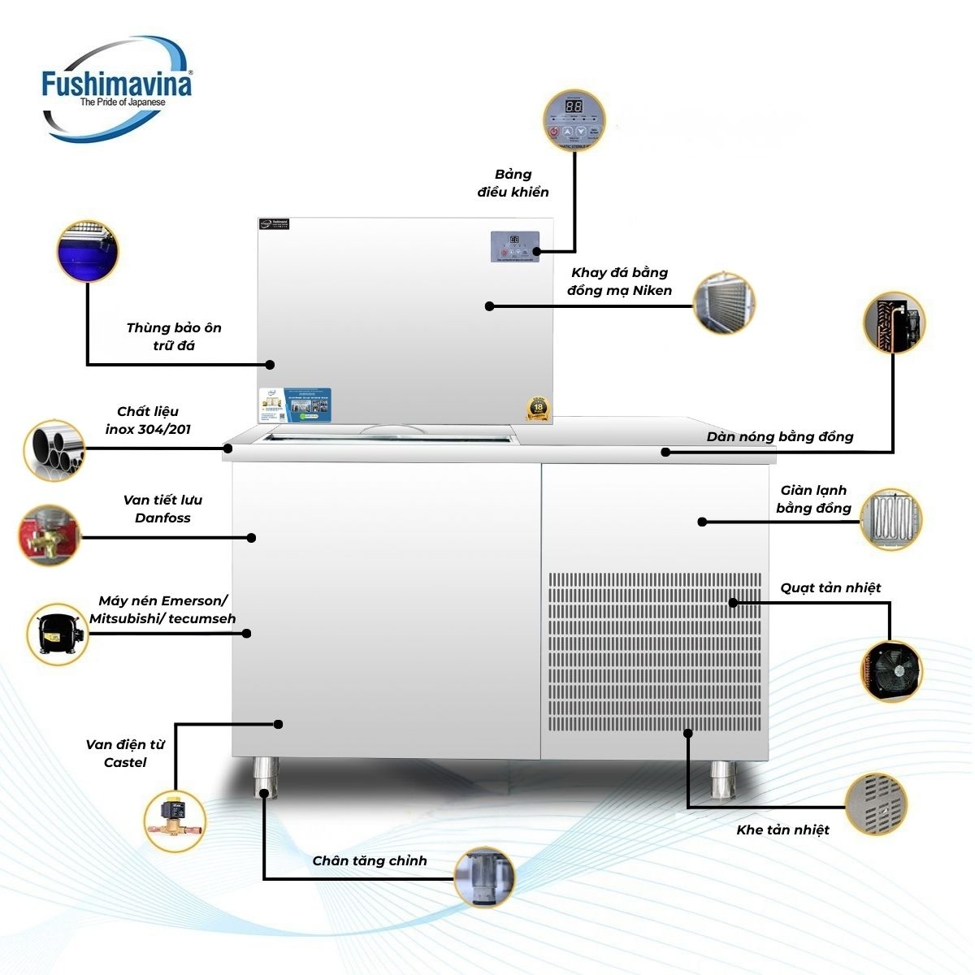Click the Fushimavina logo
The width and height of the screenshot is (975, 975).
[x=116, y=88]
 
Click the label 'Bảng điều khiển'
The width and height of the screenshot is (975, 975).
[x=513, y=184]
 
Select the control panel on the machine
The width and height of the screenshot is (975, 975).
[x=514, y=247]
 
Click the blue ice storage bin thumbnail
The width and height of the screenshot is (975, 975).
[x=87, y=250]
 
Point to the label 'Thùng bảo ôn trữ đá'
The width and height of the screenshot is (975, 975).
[x=174, y=336]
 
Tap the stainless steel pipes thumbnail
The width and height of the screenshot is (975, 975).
[x=54, y=448]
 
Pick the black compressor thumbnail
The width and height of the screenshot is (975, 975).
[x=58, y=634]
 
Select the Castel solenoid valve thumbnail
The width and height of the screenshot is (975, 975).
[x=174, y=821]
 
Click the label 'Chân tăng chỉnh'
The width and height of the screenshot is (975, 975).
[x=370, y=861]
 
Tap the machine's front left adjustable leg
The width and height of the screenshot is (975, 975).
[x=265, y=778]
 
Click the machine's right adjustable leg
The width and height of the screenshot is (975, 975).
[x=721, y=779]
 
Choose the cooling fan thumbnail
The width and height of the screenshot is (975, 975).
[x=891, y=671]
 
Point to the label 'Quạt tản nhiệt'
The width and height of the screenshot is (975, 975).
[x=830, y=587]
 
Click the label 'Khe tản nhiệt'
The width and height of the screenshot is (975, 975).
[x=782, y=830]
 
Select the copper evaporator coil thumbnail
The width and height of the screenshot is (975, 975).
[x=890, y=518]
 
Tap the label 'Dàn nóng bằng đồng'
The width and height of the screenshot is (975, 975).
[x=780, y=437]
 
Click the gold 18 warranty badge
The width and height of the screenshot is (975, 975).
[x=539, y=408]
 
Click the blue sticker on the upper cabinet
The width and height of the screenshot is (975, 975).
[x=296, y=405]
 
